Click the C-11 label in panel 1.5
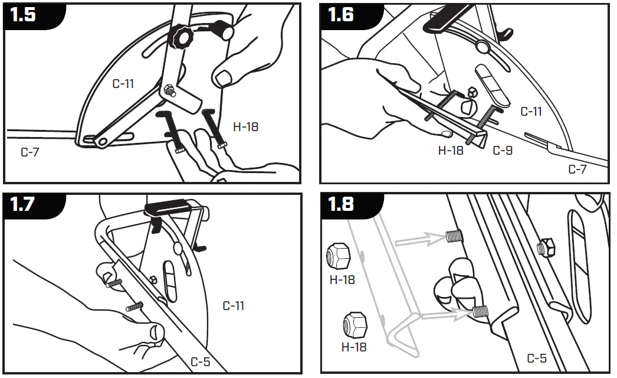123,84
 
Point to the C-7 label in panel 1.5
31,152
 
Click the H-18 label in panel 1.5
245,126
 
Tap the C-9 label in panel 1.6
503,151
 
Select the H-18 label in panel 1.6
451,151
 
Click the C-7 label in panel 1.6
577,170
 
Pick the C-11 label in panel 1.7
233,306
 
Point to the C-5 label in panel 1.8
537,358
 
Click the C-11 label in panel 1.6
531,111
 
